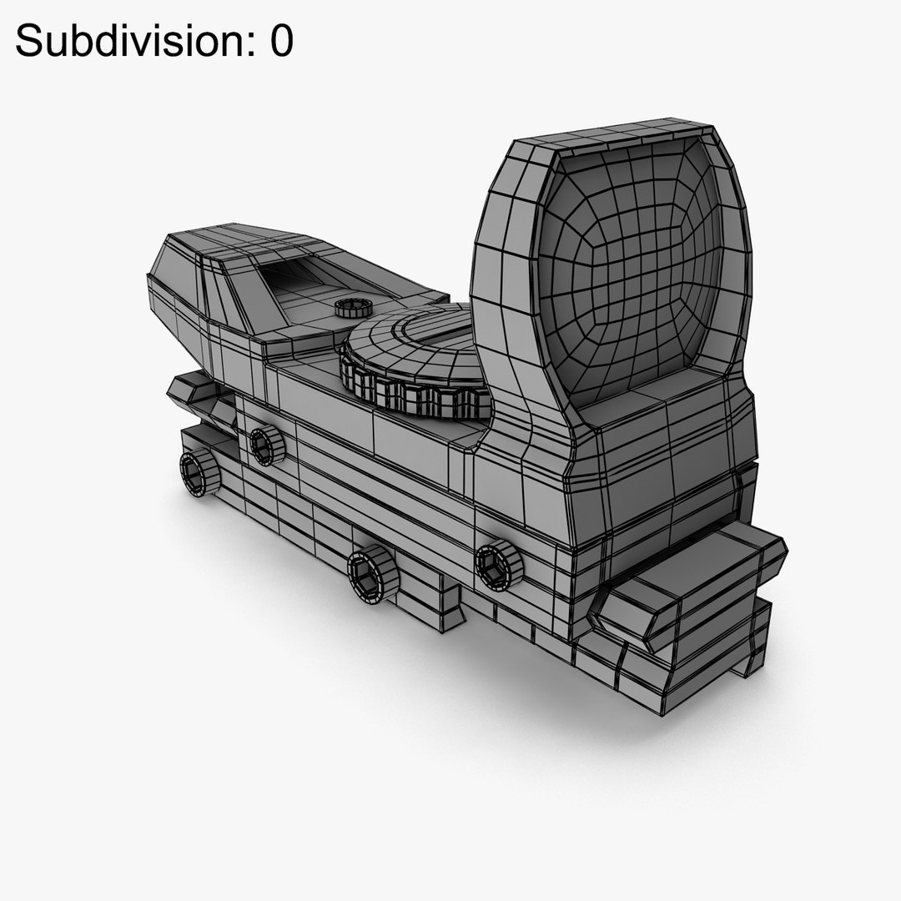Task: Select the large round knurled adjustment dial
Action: click(x=413, y=359)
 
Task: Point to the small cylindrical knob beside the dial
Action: click(x=354, y=308)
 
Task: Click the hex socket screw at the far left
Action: click(x=199, y=473)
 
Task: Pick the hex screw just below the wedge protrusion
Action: click(x=266, y=446)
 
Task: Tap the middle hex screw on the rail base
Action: click(x=372, y=573)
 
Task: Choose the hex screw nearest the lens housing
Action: click(x=498, y=565)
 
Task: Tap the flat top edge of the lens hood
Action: click(x=617, y=133)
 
